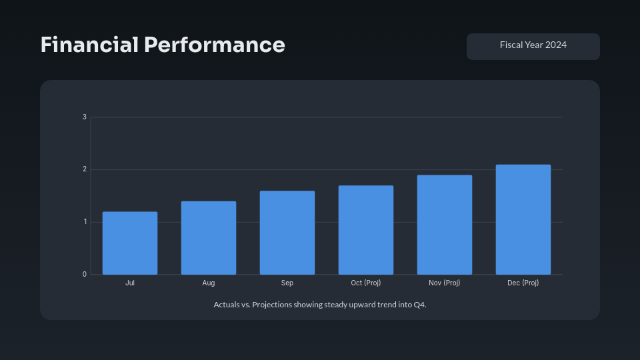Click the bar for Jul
point(130,243)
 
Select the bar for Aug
point(209,238)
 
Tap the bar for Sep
point(287,233)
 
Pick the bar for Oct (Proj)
point(366,230)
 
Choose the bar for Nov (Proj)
point(445,225)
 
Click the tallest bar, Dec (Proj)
point(523,219)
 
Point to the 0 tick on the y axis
point(85,274)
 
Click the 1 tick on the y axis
point(85,222)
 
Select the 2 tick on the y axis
point(85,169)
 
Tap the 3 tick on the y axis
point(85,117)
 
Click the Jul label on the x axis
point(130,283)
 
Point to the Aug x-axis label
point(209,283)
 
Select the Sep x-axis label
point(287,283)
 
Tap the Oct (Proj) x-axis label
point(366,283)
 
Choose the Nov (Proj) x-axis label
point(445,283)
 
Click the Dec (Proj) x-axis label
point(523,283)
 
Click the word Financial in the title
point(89,45)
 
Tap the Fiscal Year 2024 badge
point(533,45)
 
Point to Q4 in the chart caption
point(418,305)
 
